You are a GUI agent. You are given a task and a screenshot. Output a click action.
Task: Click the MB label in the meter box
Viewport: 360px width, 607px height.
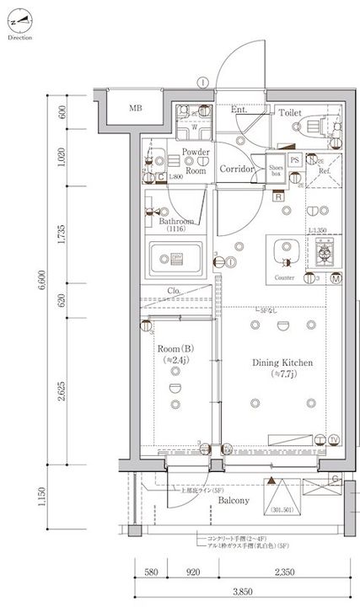point(136,109)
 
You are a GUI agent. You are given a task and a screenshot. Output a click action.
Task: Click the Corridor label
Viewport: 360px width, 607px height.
point(237,169)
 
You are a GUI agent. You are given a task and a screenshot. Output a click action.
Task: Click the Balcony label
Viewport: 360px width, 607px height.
point(233,501)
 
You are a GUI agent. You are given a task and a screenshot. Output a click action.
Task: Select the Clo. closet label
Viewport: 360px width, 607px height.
point(175,293)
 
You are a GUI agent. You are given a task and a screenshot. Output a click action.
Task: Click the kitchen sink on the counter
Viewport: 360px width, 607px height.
point(283,250)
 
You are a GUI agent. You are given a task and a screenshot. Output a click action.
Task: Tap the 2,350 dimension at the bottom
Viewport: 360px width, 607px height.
point(286,572)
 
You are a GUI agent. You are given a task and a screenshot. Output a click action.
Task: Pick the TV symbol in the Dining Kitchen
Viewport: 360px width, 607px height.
point(335,440)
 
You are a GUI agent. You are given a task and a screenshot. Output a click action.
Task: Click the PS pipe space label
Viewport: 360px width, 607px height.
point(294,158)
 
